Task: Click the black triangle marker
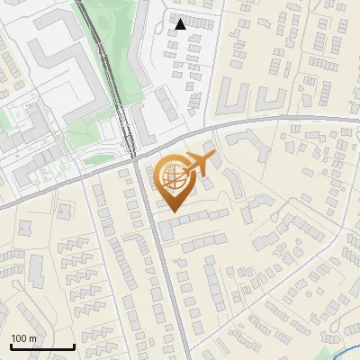click(x=181, y=24)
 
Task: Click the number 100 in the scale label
click(x=20, y=338)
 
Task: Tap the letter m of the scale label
click(x=33, y=338)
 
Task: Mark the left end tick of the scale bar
click(x=11, y=346)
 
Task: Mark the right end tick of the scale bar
click(x=74, y=346)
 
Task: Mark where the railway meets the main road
click(x=132, y=157)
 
